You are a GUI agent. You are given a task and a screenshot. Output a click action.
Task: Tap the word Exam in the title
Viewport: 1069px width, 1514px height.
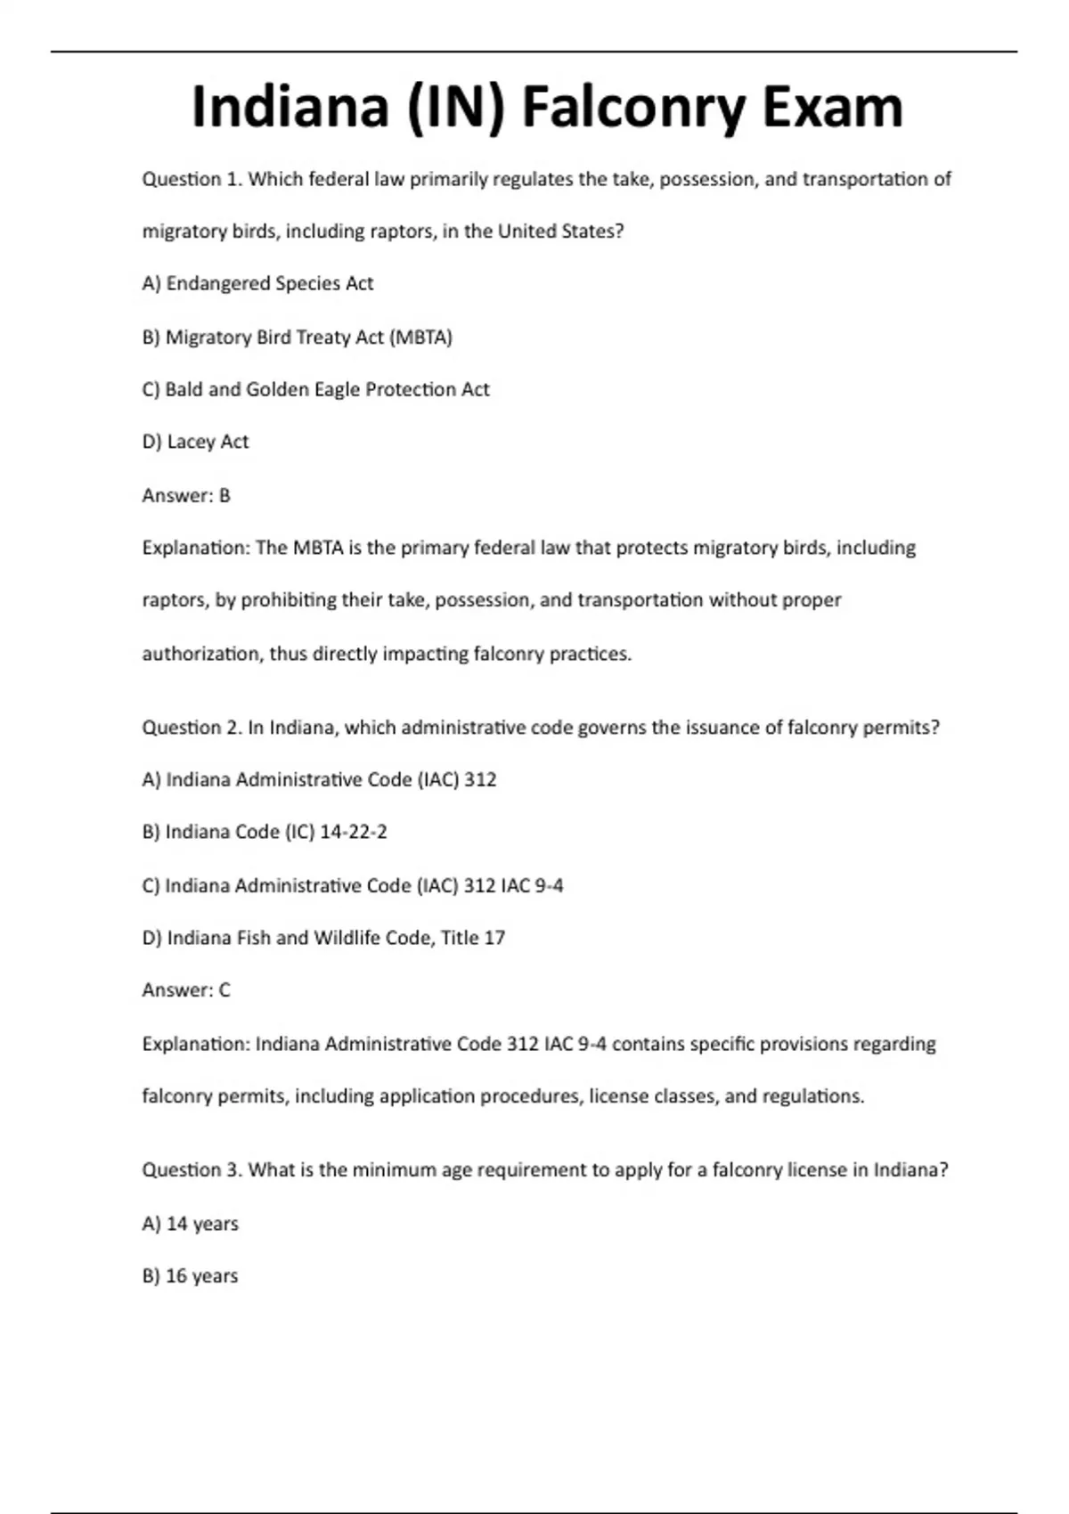(832, 108)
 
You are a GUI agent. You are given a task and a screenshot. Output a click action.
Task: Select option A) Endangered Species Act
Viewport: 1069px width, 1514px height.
(257, 284)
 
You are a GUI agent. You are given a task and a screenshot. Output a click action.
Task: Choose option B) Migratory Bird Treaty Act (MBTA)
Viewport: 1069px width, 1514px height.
(297, 338)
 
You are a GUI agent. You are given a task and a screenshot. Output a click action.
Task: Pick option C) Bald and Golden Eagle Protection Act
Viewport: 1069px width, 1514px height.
(315, 390)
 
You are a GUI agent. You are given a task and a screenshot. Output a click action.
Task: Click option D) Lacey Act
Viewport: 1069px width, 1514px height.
(195, 443)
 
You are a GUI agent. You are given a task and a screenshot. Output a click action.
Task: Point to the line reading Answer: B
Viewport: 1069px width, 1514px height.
(186, 496)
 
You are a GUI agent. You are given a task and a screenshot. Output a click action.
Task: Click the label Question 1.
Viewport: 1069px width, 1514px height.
(192, 180)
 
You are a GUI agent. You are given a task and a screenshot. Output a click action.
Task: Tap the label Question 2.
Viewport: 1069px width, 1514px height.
(192, 728)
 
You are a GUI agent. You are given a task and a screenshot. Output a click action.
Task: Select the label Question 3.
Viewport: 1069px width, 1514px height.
(192, 1170)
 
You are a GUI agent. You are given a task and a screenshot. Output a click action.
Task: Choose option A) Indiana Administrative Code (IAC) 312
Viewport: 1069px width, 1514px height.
(319, 780)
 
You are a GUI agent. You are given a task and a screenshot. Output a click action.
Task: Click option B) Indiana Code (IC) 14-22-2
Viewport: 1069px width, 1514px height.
(265, 833)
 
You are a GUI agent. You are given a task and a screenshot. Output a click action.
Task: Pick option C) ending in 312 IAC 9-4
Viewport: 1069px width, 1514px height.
(353, 886)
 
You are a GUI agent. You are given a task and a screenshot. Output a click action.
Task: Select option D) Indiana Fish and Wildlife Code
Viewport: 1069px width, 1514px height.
(323, 938)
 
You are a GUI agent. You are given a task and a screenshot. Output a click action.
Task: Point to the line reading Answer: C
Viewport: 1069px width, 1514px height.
(186, 990)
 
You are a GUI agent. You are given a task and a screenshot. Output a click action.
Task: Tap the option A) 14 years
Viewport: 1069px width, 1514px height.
(190, 1225)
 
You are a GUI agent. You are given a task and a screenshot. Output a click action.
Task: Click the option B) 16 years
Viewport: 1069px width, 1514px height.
(190, 1276)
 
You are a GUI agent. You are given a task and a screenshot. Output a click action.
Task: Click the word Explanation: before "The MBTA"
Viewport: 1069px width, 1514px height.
(196, 549)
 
